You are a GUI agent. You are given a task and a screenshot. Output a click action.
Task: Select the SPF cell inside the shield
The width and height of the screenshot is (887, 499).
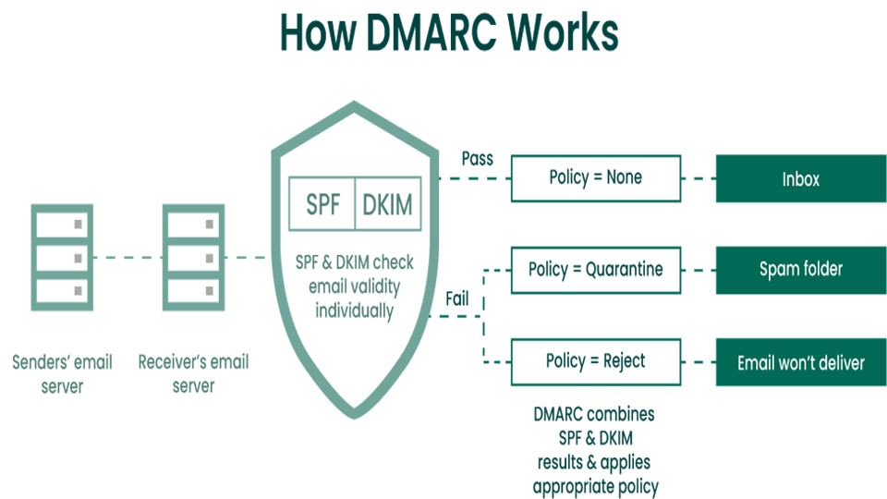pyautogui.click(x=322, y=204)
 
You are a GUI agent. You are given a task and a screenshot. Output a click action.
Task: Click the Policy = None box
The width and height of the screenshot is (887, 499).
pyautogui.click(x=596, y=178)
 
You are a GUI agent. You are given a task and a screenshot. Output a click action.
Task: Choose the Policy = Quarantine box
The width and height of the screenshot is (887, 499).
pyautogui.click(x=596, y=270)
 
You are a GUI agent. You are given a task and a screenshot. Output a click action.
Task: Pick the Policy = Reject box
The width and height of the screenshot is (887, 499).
pyautogui.click(x=596, y=361)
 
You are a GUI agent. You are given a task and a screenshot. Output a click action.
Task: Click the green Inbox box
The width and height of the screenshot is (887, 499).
pyautogui.click(x=800, y=178)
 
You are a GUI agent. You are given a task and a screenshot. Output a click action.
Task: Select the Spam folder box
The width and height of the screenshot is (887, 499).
pyautogui.click(x=800, y=270)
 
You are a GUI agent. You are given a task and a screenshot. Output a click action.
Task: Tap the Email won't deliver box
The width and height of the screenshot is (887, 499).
pyautogui.click(x=800, y=362)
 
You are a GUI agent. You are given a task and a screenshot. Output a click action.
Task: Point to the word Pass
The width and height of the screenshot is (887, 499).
pyautogui.click(x=477, y=158)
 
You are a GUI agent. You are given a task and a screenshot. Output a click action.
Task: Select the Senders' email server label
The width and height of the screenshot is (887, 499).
pyautogui.click(x=62, y=373)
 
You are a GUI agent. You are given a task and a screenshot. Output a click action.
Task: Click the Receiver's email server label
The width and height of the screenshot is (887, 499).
pyautogui.click(x=193, y=373)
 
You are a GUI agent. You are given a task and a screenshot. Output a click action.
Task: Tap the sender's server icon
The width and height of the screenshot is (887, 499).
pyautogui.click(x=62, y=257)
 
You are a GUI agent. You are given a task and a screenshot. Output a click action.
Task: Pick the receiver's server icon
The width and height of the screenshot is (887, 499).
pyautogui.click(x=193, y=257)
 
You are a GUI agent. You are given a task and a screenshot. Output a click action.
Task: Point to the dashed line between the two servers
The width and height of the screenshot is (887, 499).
pyautogui.click(x=128, y=258)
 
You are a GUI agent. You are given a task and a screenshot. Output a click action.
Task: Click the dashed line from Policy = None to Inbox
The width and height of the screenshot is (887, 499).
pyautogui.click(x=699, y=178)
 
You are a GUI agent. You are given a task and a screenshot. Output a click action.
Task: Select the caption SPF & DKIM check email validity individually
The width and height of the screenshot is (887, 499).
pyautogui.click(x=353, y=286)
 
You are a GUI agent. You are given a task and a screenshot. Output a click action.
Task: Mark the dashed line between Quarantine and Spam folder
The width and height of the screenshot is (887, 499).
pyautogui.click(x=699, y=270)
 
